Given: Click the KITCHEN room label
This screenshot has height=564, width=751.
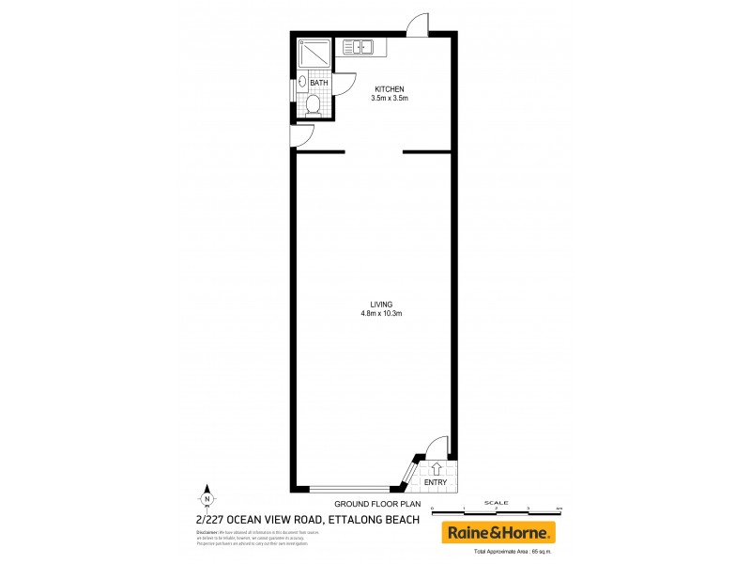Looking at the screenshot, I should click(x=389, y=89).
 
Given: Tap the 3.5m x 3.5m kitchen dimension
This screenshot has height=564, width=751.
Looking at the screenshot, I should click(x=389, y=99).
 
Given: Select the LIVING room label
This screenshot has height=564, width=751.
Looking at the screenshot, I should click(x=381, y=304).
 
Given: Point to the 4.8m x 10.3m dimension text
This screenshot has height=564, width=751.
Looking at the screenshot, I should click(x=381, y=313).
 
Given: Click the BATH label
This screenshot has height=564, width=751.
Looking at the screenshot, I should click(x=319, y=83).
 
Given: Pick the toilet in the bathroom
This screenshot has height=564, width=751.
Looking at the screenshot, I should click(x=314, y=106).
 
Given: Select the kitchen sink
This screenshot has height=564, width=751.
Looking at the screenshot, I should click(x=359, y=45).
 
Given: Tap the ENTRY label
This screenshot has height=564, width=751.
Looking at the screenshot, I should click(x=436, y=483).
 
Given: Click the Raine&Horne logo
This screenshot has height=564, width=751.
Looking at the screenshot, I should click(x=498, y=532).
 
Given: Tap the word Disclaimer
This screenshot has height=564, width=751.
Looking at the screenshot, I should click(x=207, y=533).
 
